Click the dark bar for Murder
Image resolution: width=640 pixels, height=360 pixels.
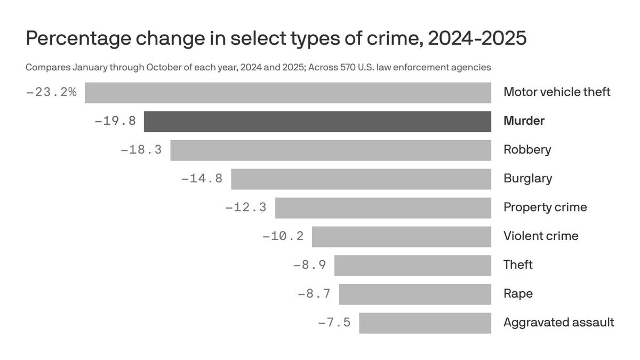coord(317,121)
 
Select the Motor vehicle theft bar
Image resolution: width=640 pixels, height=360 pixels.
coord(288,92)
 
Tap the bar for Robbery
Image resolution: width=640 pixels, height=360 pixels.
coord(331,150)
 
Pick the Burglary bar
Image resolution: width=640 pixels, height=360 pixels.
coord(361,179)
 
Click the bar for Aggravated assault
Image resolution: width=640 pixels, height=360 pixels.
coord(425,323)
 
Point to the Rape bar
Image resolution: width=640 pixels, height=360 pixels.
coord(415,294)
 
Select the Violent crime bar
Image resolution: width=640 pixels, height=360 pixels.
coord(402,236)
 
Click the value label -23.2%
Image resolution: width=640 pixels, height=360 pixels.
coord(51,92)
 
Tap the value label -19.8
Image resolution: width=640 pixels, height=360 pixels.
coord(115,121)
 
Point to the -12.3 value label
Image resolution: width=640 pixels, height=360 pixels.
coord(246,207)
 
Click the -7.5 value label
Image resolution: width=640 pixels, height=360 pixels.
coord(334,323)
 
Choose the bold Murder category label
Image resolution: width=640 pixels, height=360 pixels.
coord(524,121)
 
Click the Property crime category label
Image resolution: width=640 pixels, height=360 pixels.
coord(545,207)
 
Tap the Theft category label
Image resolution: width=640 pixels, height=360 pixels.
coord(518,265)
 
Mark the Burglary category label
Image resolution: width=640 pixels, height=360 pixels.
coord(527,179)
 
